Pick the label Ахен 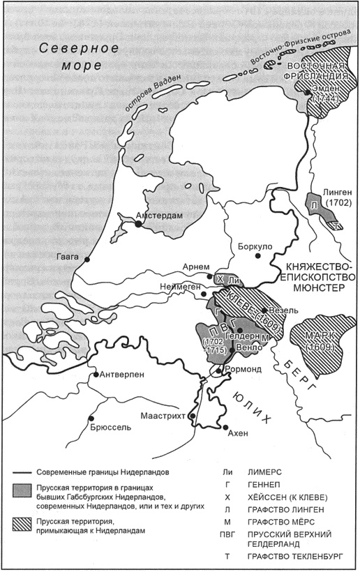238,432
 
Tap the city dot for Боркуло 258,256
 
